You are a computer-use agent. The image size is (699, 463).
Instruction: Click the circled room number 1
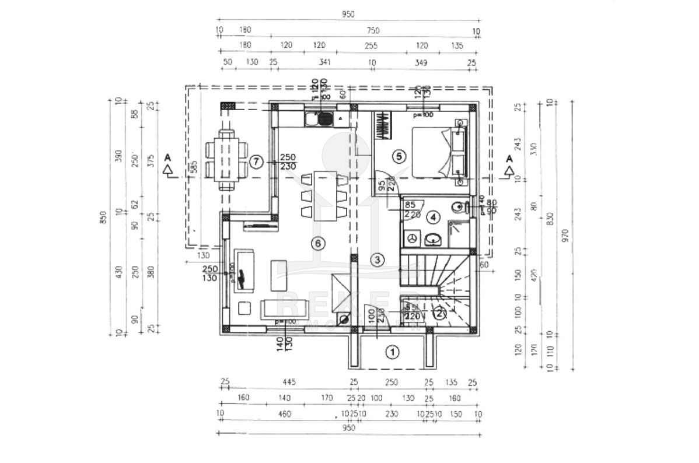(x=393, y=352)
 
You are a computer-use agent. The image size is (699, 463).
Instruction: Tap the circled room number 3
(x=378, y=259)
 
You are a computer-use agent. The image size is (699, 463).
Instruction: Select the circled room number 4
(x=432, y=218)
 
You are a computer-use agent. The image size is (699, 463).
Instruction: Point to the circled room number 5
(x=399, y=156)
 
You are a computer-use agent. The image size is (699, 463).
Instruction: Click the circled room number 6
(x=318, y=244)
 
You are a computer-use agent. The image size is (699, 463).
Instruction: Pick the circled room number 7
(x=257, y=162)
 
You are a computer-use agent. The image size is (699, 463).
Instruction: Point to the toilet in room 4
(x=459, y=206)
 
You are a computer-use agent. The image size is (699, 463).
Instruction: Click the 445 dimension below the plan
(x=289, y=383)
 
